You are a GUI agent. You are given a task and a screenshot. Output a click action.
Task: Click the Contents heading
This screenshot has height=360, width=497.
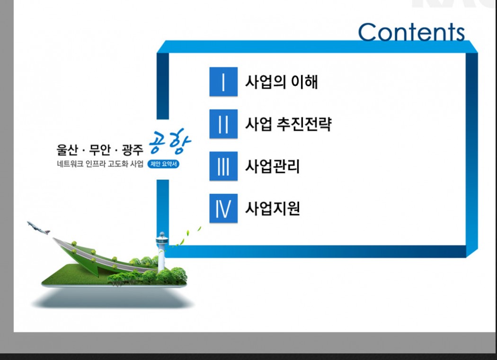pyautogui.click(x=411, y=32)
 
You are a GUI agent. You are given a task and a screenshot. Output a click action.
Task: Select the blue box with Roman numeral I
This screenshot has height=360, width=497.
pyautogui.click(x=223, y=81)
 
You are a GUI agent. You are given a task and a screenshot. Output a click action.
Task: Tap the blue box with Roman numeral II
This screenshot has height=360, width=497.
pyautogui.click(x=223, y=124)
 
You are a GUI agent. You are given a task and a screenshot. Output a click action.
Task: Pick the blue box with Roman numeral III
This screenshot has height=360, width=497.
pyautogui.click(x=223, y=166)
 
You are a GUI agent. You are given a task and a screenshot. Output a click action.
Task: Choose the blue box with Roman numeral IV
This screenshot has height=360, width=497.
pyautogui.click(x=223, y=208)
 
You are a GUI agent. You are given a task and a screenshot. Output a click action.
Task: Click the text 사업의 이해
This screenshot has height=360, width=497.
pyautogui.click(x=282, y=81)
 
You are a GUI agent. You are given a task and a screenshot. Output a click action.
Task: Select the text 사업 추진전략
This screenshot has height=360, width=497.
pyautogui.click(x=288, y=124)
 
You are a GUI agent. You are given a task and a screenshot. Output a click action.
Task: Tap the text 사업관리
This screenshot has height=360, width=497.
pyautogui.click(x=273, y=166)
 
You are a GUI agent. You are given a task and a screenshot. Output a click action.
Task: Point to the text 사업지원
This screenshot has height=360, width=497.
pyautogui.click(x=273, y=208)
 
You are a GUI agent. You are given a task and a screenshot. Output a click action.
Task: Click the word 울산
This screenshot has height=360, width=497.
pyautogui.click(x=67, y=150)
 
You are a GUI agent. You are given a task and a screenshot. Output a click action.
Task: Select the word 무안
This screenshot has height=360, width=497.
pyautogui.click(x=100, y=150)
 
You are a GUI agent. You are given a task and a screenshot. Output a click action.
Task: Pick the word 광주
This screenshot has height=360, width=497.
pyautogui.click(x=133, y=150)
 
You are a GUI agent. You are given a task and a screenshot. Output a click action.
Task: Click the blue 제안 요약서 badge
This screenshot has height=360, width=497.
pyautogui.click(x=163, y=164)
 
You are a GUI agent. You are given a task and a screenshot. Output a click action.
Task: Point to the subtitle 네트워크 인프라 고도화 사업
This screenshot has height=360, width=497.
pyautogui.click(x=100, y=164)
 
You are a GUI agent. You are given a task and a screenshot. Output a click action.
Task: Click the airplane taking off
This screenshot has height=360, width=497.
pyautogui.click(x=38, y=227)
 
